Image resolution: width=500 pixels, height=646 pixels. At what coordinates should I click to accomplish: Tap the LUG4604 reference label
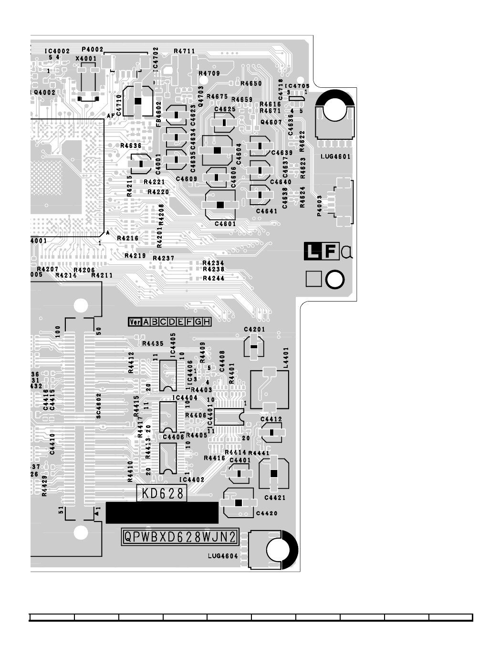click(x=222, y=556)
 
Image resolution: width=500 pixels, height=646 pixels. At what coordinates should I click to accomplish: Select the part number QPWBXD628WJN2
click(x=180, y=538)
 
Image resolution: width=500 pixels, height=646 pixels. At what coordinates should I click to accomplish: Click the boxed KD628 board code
click(x=162, y=493)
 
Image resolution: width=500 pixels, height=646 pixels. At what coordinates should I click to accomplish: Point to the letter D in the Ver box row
click(x=172, y=322)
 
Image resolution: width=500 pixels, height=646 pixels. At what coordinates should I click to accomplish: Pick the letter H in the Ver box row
click(x=207, y=322)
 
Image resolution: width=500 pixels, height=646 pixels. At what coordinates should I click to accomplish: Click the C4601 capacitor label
click(x=225, y=224)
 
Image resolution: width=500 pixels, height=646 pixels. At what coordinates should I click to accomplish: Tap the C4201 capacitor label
click(x=254, y=330)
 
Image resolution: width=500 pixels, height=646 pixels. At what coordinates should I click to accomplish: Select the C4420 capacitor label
click(x=267, y=513)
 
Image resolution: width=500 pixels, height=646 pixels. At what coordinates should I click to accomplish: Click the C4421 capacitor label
click(x=275, y=498)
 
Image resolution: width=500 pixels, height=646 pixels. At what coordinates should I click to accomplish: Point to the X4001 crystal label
click(x=86, y=59)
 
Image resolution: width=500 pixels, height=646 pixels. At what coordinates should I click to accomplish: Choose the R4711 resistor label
click(x=184, y=51)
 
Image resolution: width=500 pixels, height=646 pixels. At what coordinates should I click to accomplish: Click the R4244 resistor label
click(x=213, y=279)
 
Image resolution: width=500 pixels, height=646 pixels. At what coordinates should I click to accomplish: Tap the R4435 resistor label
click(x=153, y=344)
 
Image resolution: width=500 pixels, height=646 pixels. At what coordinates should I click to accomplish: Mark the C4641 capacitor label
click(x=266, y=211)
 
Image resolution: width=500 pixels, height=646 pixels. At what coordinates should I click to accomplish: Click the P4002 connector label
click(x=93, y=49)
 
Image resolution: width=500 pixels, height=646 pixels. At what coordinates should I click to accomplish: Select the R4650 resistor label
click(x=251, y=83)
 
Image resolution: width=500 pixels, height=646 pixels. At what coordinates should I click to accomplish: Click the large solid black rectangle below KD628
click(x=162, y=512)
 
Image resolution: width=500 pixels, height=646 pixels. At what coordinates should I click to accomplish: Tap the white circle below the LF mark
click(x=335, y=280)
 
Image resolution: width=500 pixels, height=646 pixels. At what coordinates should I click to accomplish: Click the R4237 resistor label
click(x=163, y=259)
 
